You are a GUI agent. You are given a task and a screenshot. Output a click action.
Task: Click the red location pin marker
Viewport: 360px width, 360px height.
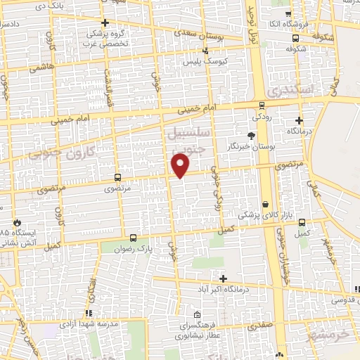pos(181,165)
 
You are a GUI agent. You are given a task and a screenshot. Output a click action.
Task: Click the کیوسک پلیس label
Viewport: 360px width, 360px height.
pos(202,62)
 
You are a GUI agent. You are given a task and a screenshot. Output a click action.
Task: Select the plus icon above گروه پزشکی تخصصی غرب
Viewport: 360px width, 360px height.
pos(105,23)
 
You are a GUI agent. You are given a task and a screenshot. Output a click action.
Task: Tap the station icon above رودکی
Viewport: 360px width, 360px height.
pos(262,104)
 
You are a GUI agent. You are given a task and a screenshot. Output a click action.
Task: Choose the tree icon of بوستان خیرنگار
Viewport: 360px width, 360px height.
pos(251,134)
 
